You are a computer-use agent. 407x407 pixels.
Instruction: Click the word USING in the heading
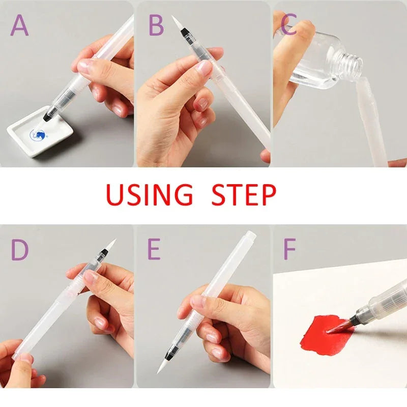pyautogui.click(x=149, y=194)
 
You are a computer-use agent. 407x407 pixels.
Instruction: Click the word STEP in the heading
pyautogui.click(x=244, y=194)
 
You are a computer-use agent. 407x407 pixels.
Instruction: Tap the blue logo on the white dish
pyautogui.click(x=37, y=135)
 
